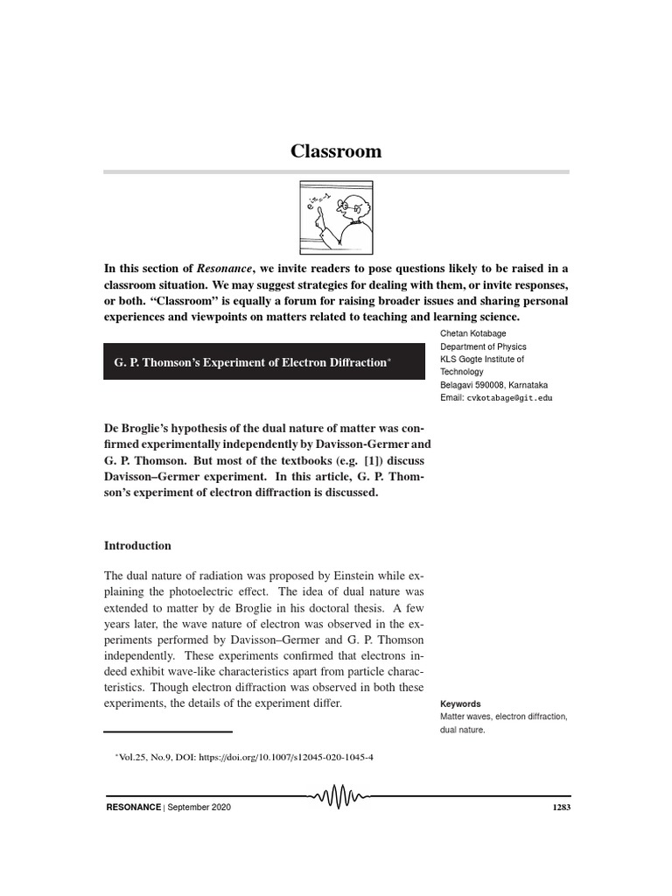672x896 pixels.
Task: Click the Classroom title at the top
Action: tap(336, 151)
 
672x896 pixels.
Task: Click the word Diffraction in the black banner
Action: tap(353, 361)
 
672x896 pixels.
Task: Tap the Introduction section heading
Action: tap(137, 545)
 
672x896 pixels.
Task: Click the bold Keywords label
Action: tap(460, 703)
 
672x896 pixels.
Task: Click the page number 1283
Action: tap(562, 807)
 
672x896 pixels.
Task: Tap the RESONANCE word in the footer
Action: tap(132, 807)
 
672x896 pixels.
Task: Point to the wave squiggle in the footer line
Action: tap(337, 798)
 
